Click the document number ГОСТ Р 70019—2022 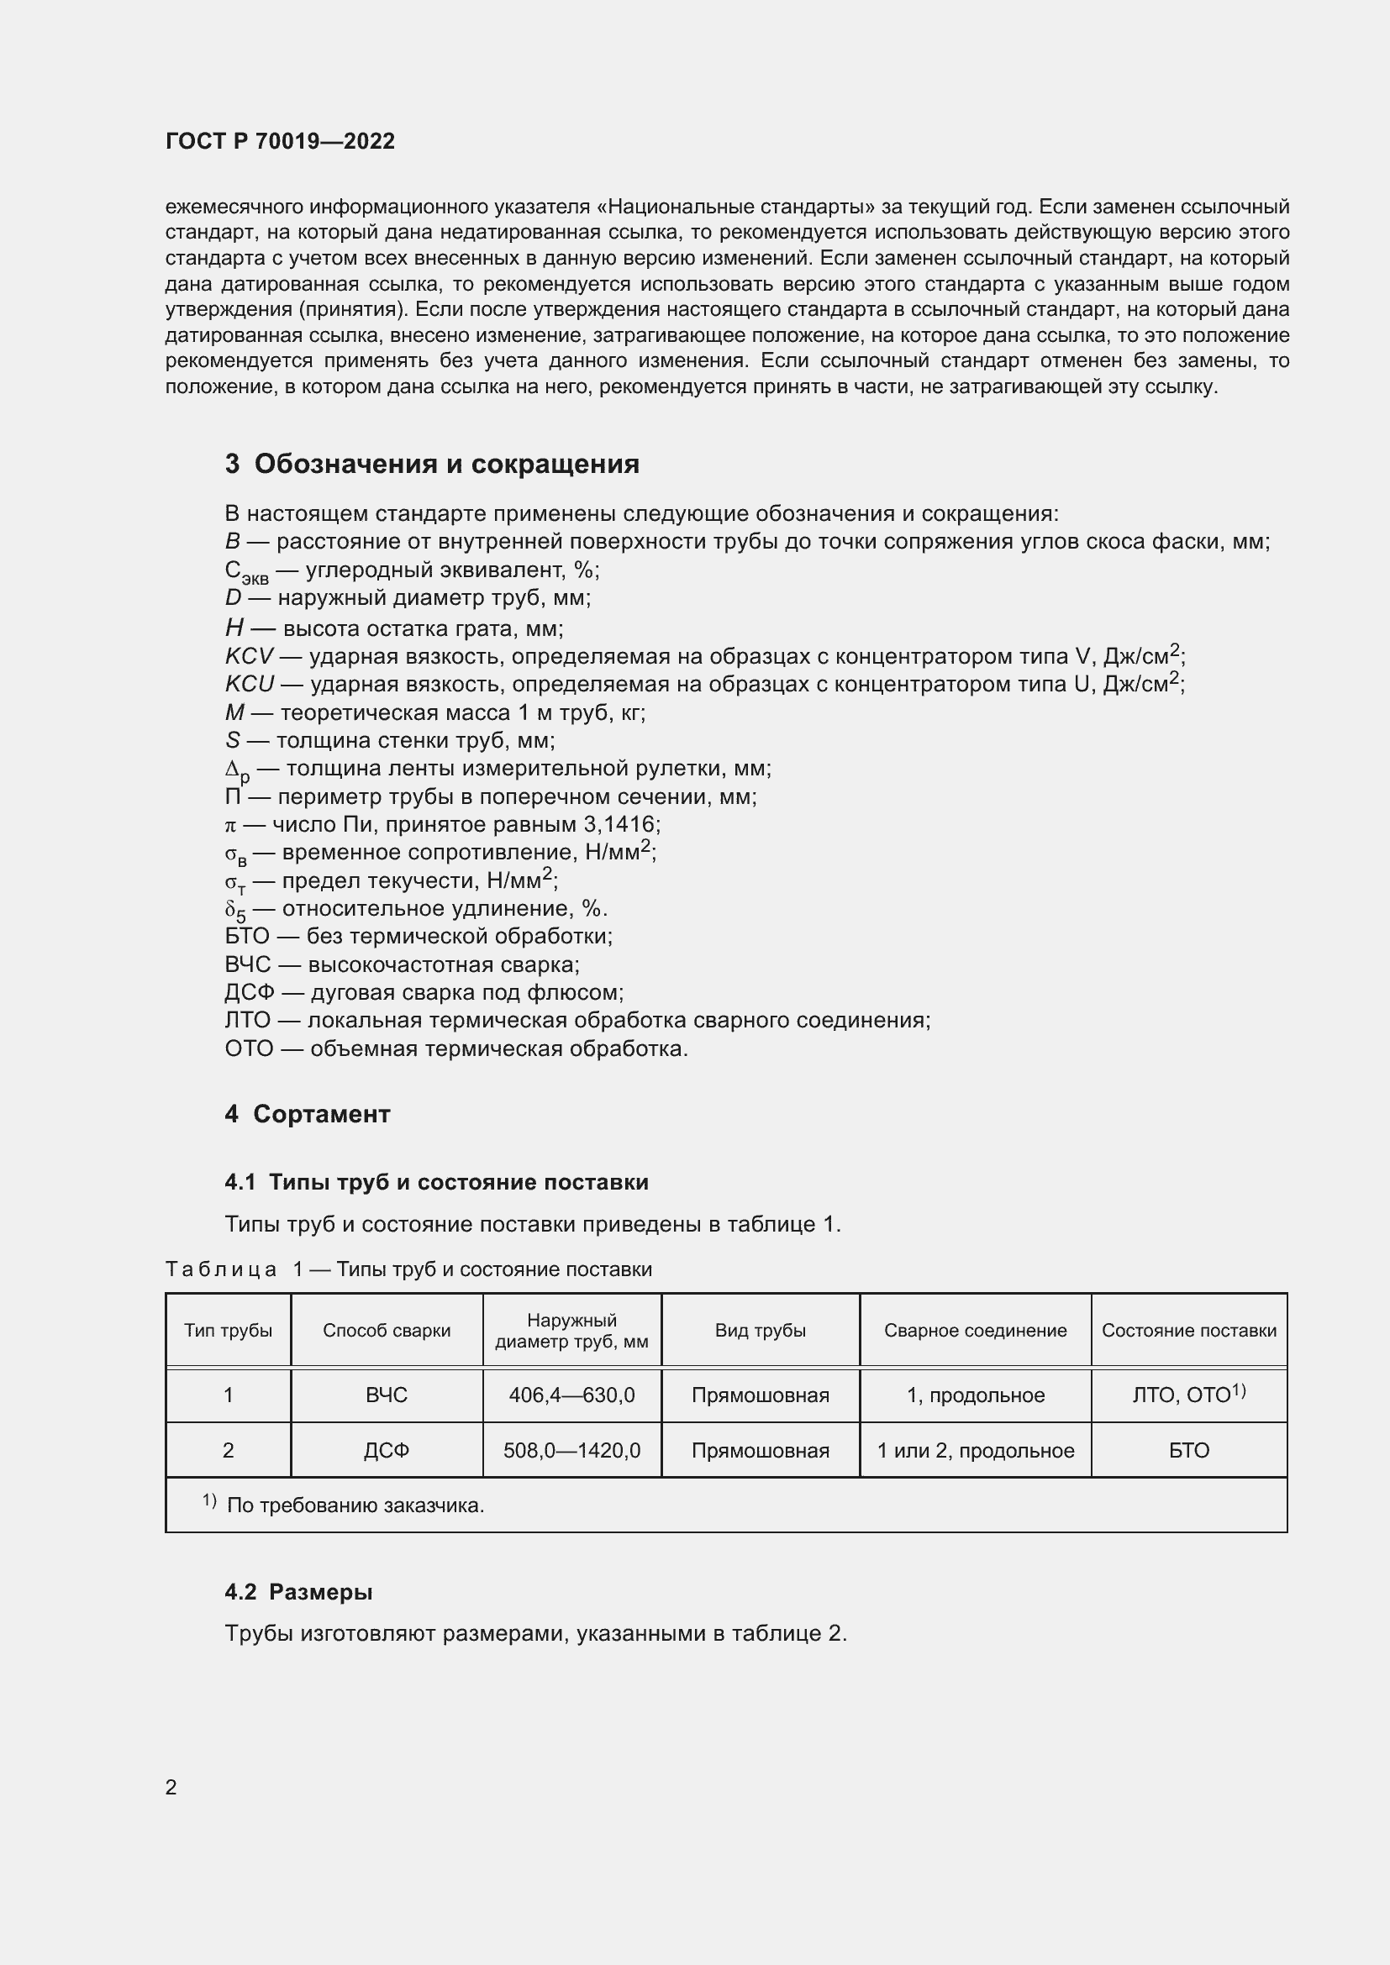[x=280, y=141]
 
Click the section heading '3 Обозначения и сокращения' [x=432, y=464]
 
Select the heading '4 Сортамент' [x=308, y=1113]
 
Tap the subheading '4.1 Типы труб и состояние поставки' [x=436, y=1182]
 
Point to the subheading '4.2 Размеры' [x=298, y=1592]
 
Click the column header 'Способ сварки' [x=386, y=1330]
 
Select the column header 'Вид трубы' [x=760, y=1330]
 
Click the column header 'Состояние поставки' [x=1188, y=1330]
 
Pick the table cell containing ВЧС [x=386, y=1395]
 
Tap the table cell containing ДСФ [x=386, y=1450]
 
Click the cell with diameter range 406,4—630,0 [x=571, y=1395]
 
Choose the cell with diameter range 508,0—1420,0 [x=571, y=1450]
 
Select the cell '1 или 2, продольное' [x=975, y=1450]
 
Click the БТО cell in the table [x=1188, y=1450]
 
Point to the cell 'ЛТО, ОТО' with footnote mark [x=1188, y=1395]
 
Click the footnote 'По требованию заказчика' [x=355, y=1505]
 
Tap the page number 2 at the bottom [x=171, y=1787]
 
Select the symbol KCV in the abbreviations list [x=248, y=656]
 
